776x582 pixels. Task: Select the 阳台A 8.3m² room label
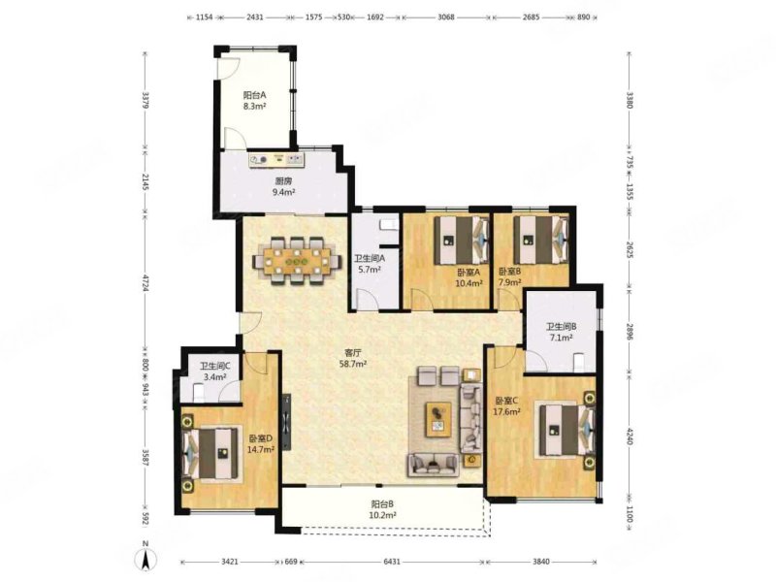tap(255, 100)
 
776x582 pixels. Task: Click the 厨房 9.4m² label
tap(283, 186)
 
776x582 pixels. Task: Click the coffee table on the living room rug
tap(438, 419)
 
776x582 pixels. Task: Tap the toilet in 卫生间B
tap(578, 362)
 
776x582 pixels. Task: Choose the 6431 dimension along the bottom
tap(392, 562)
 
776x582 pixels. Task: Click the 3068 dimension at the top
tap(446, 17)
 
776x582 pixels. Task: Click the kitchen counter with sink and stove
tap(276, 160)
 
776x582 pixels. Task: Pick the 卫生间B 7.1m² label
tap(562, 332)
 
